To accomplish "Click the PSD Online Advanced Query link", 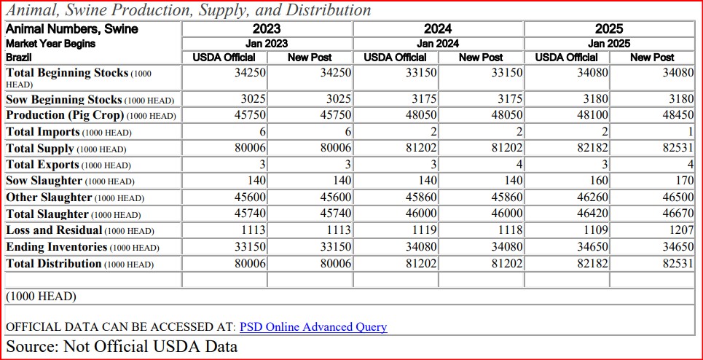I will tap(313, 327).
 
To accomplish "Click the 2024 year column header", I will tap(438, 29).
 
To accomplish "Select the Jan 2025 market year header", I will tap(609, 44).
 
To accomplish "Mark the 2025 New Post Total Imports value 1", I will tap(689, 132).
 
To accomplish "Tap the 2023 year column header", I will tap(267, 29).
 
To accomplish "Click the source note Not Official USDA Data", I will tap(122, 346).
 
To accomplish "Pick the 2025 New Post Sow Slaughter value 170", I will tap(684, 181).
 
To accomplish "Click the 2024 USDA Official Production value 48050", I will tap(421, 115).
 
